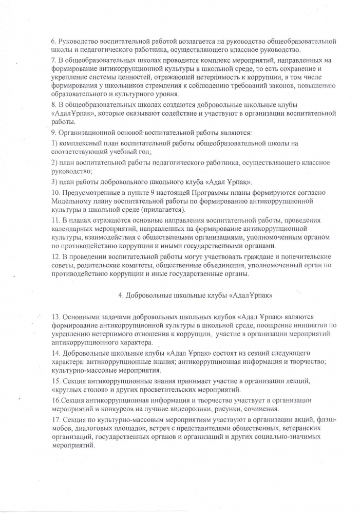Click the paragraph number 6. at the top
pos(54,41)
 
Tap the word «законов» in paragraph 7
pos(283,85)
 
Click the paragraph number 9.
pos(54,133)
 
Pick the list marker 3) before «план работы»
pos(54,181)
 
